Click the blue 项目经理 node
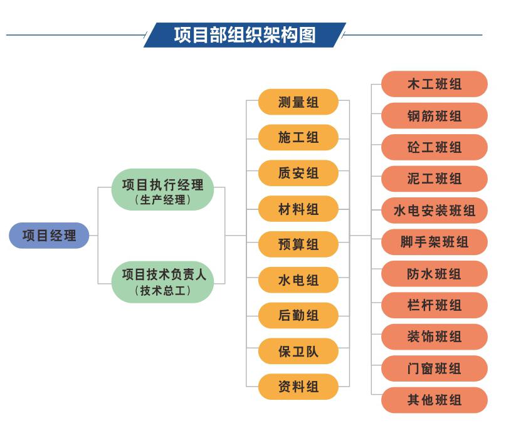click(x=49, y=236)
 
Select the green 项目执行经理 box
click(x=162, y=190)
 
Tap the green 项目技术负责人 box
click(x=162, y=282)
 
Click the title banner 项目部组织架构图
click(x=245, y=35)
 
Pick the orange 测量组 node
click(x=298, y=102)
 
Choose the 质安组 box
click(x=298, y=173)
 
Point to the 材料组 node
click(x=298, y=209)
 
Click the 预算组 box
click(x=298, y=244)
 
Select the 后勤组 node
click(x=298, y=315)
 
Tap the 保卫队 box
click(x=298, y=352)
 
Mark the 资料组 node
click(x=298, y=387)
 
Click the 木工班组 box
click(x=435, y=84)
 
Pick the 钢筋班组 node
click(x=435, y=116)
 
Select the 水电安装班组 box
click(x=435, y=211)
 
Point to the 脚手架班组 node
click(x=435, y=243)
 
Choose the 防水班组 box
click(x=435, y=274)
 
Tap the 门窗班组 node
click(x=435, y=368)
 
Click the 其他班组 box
click(x=435, y=400)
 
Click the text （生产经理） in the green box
click(x=162, y=200)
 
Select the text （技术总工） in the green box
click(x=162, y=291)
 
